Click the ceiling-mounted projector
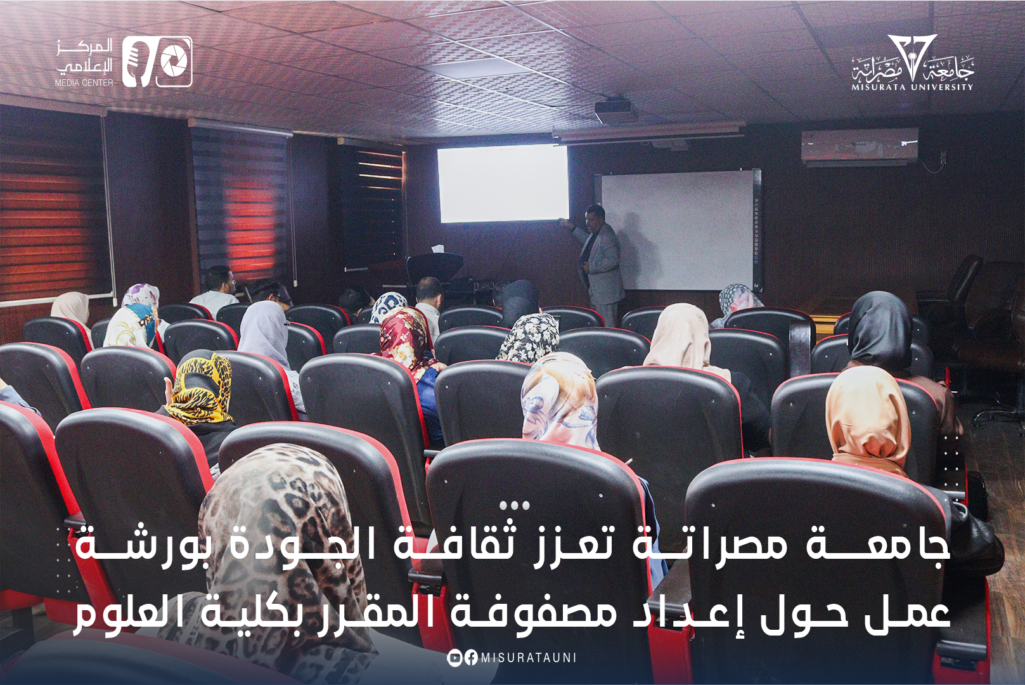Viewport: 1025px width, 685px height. [x=615, y=111]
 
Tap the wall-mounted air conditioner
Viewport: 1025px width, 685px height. [x=860, y=147]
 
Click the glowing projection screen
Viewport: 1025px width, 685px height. [x=503, y=183]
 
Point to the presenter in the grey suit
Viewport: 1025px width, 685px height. [x=599, y=260]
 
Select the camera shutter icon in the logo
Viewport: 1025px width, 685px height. [x=174, y=62]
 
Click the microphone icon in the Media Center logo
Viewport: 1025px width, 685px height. [x=136, y=62]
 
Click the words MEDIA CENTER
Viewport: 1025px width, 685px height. [x=84, y=82]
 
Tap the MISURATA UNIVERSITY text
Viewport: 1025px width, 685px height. [x=912, y=87]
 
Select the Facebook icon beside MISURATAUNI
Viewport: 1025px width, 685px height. [x=470, y=658]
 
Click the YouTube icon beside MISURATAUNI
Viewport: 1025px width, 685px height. [x=454, y=658]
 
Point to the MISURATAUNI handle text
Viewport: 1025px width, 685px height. [x=529, y=658]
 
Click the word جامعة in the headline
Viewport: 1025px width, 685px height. [x=878, y=545]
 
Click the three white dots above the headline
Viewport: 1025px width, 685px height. [x=514, y=506]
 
